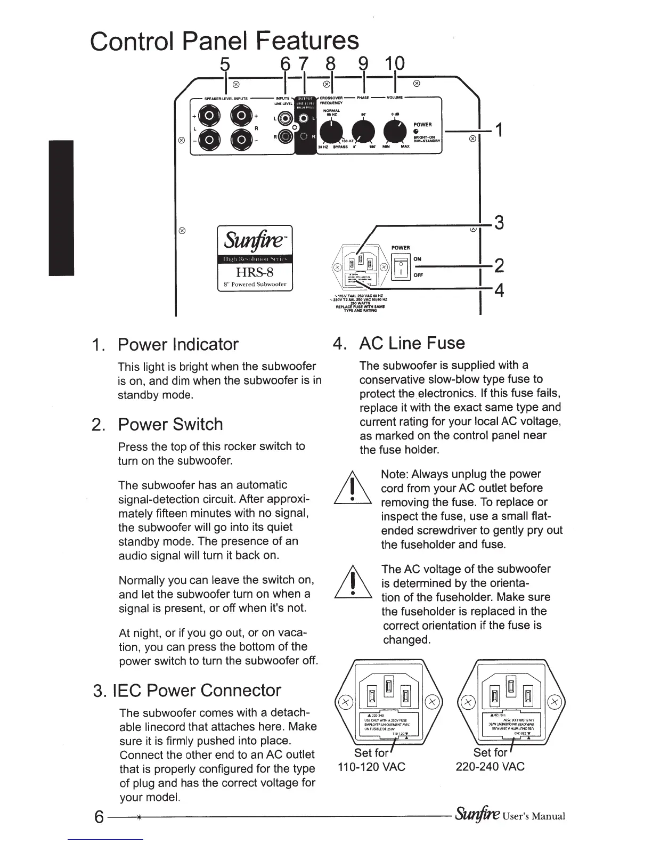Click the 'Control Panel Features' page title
click(224, 40)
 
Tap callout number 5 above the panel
click(225, 64)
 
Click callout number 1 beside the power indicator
click(498, 130)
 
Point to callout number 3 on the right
click(499, 222)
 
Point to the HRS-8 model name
click(255, 272)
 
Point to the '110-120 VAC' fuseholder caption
click(372, 767)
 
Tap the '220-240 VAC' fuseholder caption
click(490, 767)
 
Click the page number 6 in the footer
click(99, 817)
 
